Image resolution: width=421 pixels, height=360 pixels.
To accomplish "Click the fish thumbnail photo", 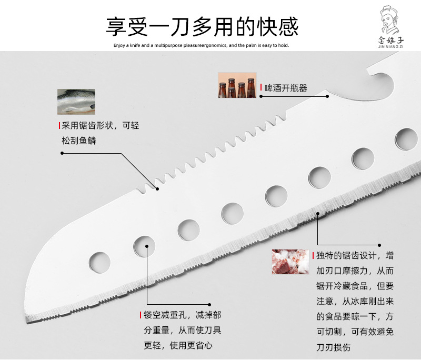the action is (x=76, y=102).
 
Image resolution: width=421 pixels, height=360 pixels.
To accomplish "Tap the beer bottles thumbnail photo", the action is (x=237, y=85).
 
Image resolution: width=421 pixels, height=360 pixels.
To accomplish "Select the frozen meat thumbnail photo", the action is (x=290, y=262).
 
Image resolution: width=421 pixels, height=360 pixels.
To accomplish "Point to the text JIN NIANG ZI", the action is (x=390, y=46).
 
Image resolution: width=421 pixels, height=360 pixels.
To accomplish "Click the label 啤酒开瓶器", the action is (x=286, y=88).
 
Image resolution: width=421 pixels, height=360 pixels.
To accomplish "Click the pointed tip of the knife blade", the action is (x=27, y=321).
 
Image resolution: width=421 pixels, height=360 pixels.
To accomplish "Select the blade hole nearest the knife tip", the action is (x=99, y=262).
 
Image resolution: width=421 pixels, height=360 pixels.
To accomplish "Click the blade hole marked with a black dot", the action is (x=144, y=246).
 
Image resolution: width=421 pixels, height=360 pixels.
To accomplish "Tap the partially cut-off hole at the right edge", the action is (x=406, y=139).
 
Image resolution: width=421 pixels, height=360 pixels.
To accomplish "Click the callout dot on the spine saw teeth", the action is (x=157, y=189).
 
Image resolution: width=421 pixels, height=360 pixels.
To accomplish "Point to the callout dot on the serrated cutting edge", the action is (x=318, y=214).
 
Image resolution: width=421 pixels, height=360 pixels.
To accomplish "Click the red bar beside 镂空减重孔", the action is (x=140, y=315).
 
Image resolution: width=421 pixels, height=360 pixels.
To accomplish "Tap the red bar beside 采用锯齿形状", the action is (x=59, y=125).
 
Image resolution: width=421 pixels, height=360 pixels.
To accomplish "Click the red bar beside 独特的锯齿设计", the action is (x=313, y=255).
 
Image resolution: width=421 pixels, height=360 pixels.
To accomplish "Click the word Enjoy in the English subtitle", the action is (x=119, y=45).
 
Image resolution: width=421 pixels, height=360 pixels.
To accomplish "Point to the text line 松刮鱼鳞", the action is (x=79, y=141).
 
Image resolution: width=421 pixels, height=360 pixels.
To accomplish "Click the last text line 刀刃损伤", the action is (x=334, y=347).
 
